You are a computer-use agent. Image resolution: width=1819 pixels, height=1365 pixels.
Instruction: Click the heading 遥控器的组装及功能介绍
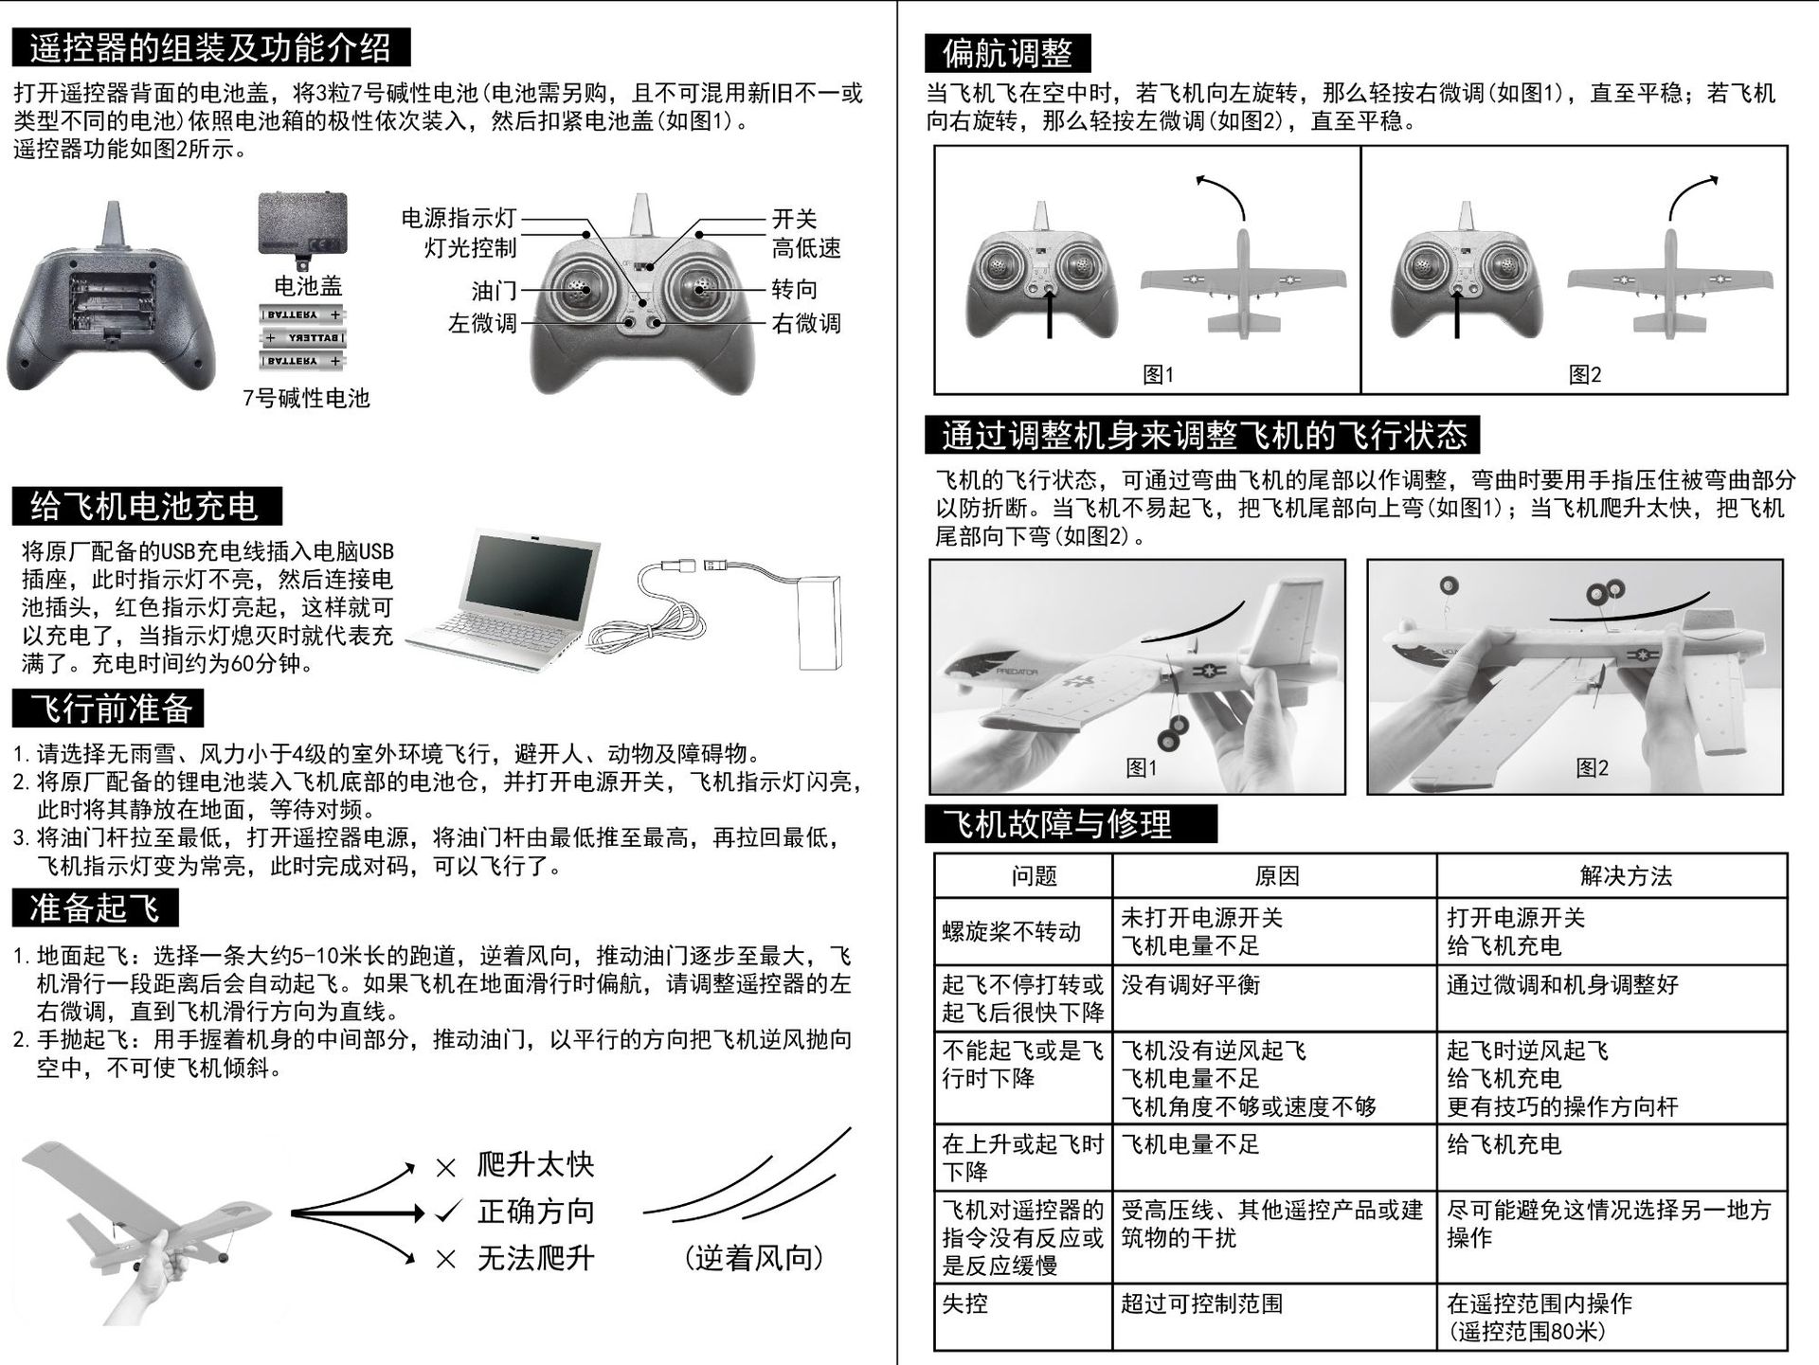210,46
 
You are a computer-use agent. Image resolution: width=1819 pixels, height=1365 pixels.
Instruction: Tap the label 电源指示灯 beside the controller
459,218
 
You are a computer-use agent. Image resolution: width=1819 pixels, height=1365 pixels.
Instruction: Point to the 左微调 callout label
482,323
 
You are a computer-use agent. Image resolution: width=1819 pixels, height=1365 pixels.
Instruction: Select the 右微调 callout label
806,323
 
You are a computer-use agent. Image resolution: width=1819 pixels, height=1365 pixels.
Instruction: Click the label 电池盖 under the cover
308,285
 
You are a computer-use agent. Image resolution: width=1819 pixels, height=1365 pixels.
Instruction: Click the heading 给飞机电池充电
147,506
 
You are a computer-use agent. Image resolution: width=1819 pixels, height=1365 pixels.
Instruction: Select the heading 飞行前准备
108,708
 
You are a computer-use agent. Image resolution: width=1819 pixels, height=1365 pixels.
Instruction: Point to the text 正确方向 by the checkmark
536,1211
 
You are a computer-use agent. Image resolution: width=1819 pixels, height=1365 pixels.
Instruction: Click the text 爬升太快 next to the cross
536,1164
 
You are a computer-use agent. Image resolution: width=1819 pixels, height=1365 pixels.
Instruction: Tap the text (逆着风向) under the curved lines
754,1258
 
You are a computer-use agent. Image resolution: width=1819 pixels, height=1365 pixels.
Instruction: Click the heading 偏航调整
1008,53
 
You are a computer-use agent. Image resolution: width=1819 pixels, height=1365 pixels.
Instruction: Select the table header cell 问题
1034,876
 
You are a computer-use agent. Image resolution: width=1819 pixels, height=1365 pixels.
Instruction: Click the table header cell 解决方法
1626,876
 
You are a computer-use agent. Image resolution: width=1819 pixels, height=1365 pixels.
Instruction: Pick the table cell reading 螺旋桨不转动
1011,932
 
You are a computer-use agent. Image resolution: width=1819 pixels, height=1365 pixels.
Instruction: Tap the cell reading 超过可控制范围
1202,1303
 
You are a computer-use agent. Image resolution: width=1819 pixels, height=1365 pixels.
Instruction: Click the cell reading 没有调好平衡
1191,985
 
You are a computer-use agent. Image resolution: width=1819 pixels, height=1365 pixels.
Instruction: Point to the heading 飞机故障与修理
1071,823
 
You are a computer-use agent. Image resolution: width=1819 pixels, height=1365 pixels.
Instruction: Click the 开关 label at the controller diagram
795,219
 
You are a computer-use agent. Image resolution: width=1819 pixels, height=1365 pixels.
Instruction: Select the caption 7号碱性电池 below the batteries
306,398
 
